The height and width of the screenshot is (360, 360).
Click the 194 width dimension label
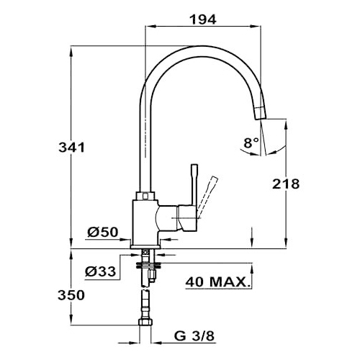tap(203, 19)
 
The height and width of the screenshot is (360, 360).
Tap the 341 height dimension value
tap(72, 147)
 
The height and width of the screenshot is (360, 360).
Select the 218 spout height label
tap(286, 184)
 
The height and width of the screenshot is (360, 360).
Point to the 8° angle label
tap(251, 143)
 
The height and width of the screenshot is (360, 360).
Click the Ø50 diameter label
tap(103, 232)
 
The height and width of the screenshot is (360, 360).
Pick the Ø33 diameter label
tap(100, 271)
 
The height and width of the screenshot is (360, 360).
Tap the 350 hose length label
tap(71, 295)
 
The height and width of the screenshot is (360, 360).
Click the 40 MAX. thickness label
tap(217, 282)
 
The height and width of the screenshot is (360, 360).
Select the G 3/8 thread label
tap(194, 336)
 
